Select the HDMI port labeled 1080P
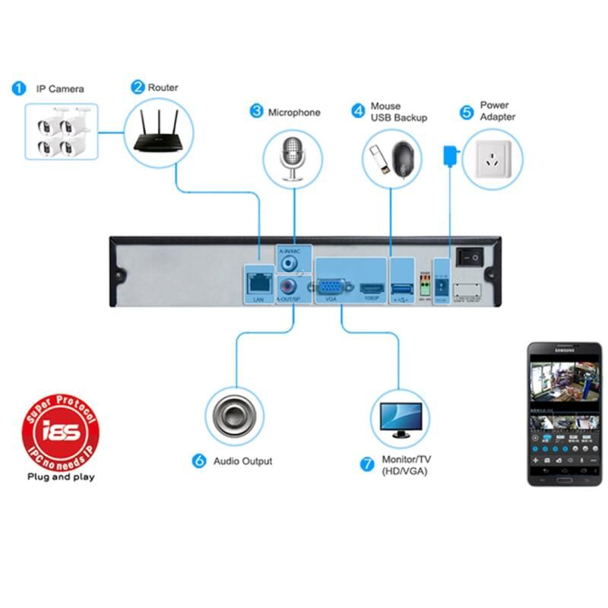click(x=371, y=288)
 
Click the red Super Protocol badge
click(x=61, y=432)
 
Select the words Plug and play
click(x=61, y=478)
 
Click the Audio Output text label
click(x=242, y=461)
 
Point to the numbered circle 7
click(x=369, y=462)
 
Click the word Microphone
click(x=294, y=112)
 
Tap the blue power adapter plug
click(x=448, y=154)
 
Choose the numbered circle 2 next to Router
click(x=138, y=87)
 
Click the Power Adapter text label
click(x=498, y=111)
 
